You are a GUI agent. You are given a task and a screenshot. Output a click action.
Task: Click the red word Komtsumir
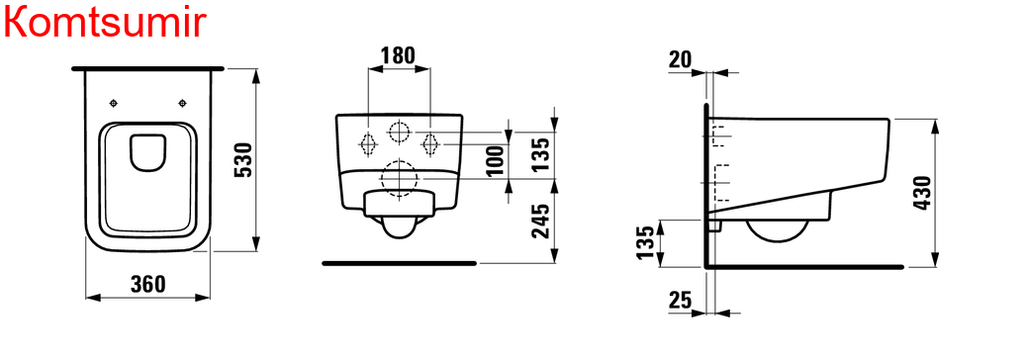(x=106, y=22)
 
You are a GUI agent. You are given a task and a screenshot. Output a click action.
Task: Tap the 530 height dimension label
(x=243, y=159)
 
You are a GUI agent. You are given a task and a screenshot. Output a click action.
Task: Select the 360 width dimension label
(x=148, y=284)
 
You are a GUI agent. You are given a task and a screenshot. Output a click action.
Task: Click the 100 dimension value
(x=497, y=160)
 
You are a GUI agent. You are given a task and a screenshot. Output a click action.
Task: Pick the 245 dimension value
(x=540, y=221)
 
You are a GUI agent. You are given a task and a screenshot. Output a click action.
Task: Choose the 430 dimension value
(x=922, y=193)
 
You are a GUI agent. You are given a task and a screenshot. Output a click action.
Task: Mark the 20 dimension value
(x=680, y=59)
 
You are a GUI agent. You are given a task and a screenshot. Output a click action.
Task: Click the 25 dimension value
(x=680, y=300)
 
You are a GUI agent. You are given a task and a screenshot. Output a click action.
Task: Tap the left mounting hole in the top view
(x=114, y=103)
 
